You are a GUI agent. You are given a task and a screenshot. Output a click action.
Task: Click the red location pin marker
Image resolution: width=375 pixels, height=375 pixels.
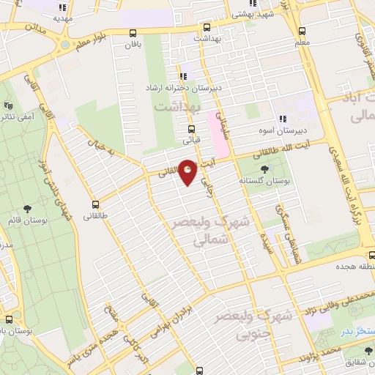188,172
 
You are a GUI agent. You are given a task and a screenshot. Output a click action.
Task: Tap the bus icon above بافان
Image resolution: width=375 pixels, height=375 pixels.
133,33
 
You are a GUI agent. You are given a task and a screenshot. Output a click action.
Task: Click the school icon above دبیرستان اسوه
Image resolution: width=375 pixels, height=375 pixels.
281,120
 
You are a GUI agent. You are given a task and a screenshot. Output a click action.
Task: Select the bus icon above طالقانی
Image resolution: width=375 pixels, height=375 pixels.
95,205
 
